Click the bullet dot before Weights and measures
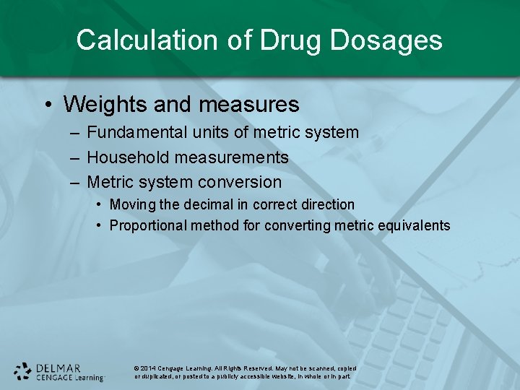coord(47,105)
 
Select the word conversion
coord(239,182)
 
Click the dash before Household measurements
coord(75,158)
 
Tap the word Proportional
coord(148,225)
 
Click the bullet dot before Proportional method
coord(99,226)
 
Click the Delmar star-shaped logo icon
coord(23,371)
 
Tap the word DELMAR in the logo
coord(59,367)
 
